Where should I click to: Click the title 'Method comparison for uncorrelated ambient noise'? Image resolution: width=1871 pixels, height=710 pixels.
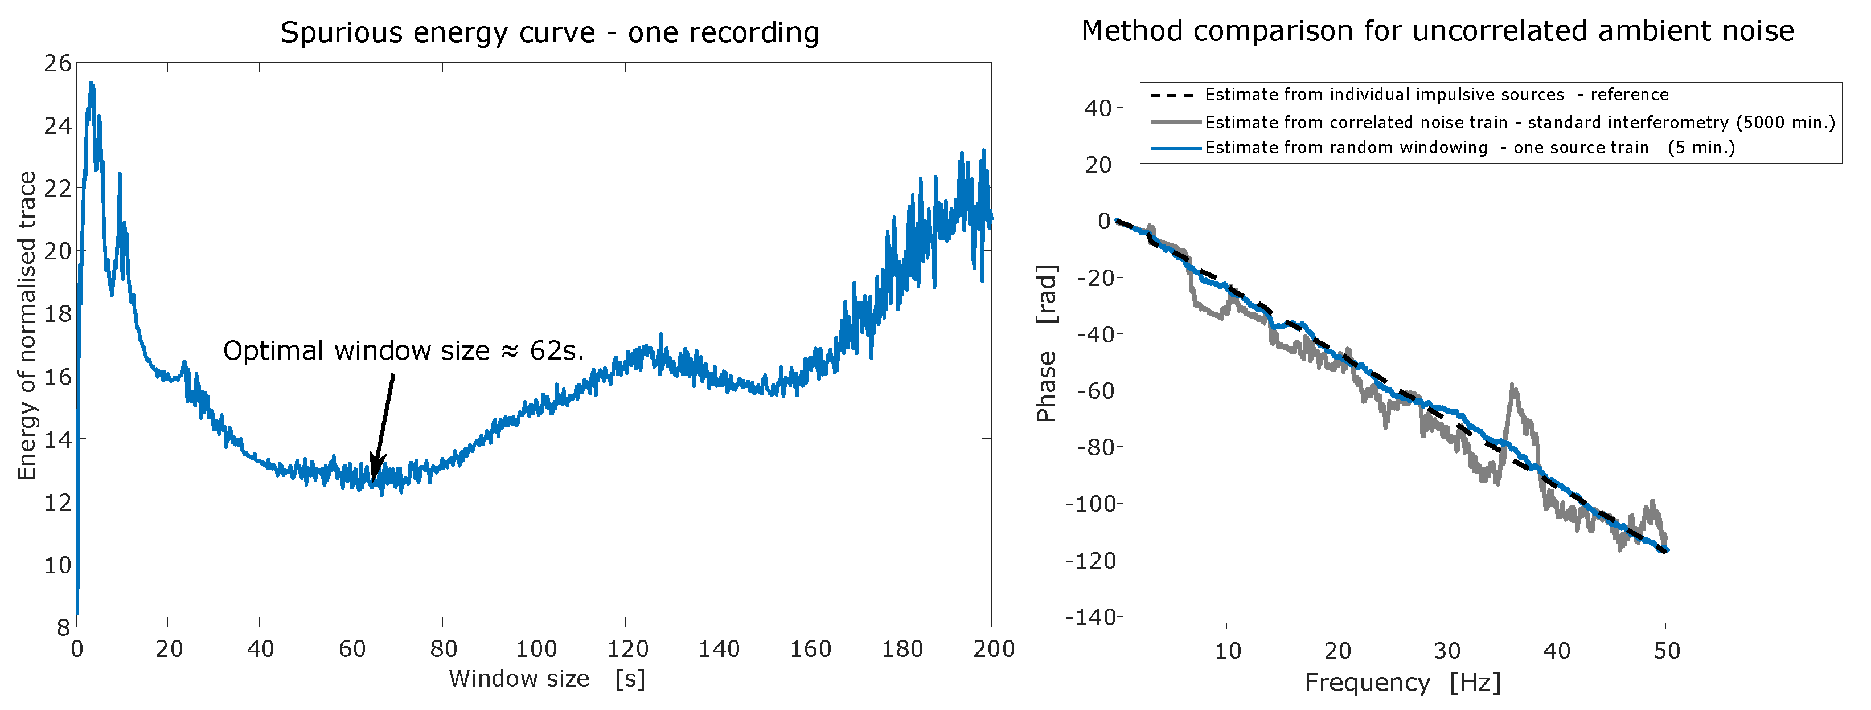coord(1437,32)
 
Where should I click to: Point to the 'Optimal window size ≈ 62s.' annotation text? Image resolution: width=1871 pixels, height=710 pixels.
coord(403,351)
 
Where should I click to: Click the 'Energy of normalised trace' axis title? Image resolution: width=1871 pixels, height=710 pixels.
coord(27,325)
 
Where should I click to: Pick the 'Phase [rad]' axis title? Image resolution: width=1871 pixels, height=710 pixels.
coord(1047,343)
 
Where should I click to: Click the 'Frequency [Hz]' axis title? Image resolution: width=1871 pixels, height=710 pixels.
coord(1402,683)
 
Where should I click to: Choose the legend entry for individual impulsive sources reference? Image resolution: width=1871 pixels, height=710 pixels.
coord(1436,95)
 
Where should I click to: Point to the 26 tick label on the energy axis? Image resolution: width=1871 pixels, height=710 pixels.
coord(58,64)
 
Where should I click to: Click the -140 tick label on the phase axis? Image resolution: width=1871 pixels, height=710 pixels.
coord(1089,618)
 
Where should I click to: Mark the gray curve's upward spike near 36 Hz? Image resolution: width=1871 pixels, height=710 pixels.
coord(1513,385)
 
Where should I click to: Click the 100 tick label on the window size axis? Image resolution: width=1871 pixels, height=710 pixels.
coord(535,649)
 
